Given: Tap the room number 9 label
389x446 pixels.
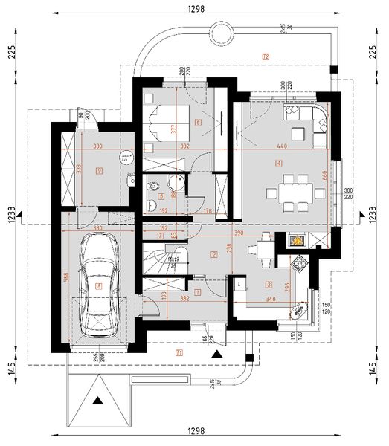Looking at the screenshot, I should point(98,170).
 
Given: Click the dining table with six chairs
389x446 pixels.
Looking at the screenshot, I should point(291,193).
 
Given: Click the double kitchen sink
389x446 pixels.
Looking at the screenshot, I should point(302,309).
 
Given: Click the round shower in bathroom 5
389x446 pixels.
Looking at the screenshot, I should point(177,185).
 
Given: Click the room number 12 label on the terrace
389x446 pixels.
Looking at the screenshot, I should point(265,56).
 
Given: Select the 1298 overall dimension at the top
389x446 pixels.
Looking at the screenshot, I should point(196,8).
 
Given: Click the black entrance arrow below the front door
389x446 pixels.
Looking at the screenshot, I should point(216,355).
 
